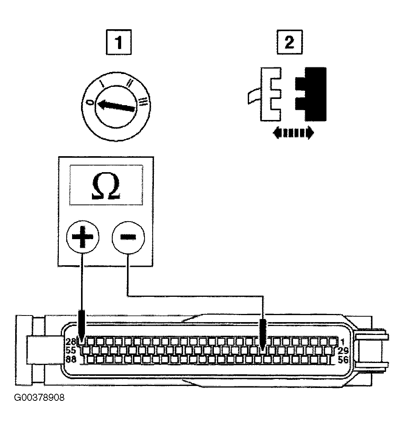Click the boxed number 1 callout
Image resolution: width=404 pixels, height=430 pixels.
(x=118, y=42)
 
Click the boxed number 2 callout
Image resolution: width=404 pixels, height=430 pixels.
(x=289, y=42)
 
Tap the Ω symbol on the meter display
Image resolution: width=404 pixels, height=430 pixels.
(x=106, y=186)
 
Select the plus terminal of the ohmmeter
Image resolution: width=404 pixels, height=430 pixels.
(x=83, y=236)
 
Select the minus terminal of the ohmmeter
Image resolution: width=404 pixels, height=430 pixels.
(x=128, y=236)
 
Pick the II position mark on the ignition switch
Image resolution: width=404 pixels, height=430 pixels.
(x=130, y=82)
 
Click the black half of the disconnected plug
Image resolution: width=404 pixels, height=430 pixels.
(x=311, y=94)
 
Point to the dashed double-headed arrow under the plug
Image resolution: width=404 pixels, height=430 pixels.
(x=293, y=133)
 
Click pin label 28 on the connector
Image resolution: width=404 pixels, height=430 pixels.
(x=71, y=342)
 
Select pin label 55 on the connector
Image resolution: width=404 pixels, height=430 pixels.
(x=71, y=350)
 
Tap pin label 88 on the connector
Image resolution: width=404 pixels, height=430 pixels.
(x=71, y=359)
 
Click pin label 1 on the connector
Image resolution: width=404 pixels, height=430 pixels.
(x=342, y=342)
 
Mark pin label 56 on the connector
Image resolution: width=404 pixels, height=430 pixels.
(x=343, y=360)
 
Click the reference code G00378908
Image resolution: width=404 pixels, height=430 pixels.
(x=39, y=397)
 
